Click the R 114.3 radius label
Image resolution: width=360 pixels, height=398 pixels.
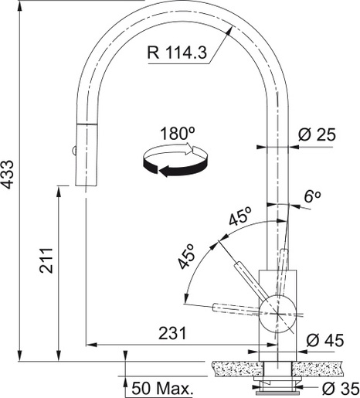coord(177,53)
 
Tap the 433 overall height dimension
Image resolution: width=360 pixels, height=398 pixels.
coord(7,175)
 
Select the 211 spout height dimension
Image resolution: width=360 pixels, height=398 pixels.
coord(46,260)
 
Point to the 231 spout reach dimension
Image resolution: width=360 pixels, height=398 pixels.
coord(172,333)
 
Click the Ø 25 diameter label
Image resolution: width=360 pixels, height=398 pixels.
coord(317,134)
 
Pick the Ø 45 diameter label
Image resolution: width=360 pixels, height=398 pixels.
coord(325,340)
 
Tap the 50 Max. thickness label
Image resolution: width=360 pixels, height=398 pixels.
coord(162,388)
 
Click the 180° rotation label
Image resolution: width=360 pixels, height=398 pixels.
coord(177,134)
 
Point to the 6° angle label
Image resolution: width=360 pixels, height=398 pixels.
coord(312,196)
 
